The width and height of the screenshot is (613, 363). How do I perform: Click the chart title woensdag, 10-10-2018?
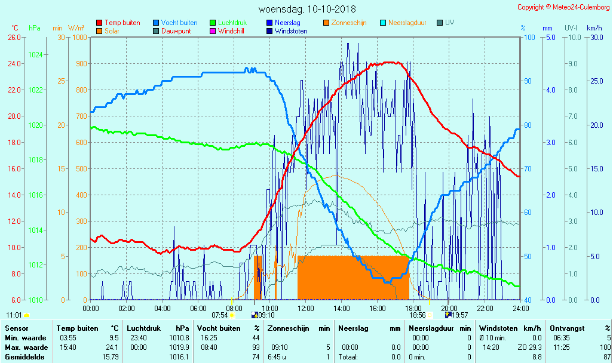tap(307, 9)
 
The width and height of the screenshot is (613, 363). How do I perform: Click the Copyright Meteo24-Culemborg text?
tap(563, 7)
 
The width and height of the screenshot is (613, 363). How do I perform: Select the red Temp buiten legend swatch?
tap(99, 23)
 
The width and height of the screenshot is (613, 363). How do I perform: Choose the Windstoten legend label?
tap(291, 31)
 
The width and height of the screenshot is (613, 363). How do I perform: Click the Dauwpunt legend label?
tap(176, 31)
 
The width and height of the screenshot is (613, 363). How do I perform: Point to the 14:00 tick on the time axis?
tap(342, 309)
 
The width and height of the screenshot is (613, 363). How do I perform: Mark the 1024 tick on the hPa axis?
tap(35, 55)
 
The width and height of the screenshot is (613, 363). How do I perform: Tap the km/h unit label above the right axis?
tap(594, 28)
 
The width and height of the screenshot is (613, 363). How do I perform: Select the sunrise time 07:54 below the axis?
tap(220, 315)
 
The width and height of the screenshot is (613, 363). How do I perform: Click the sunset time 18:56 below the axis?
tap(417, 315)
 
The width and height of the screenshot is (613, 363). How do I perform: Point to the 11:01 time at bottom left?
tap(14, 315)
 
